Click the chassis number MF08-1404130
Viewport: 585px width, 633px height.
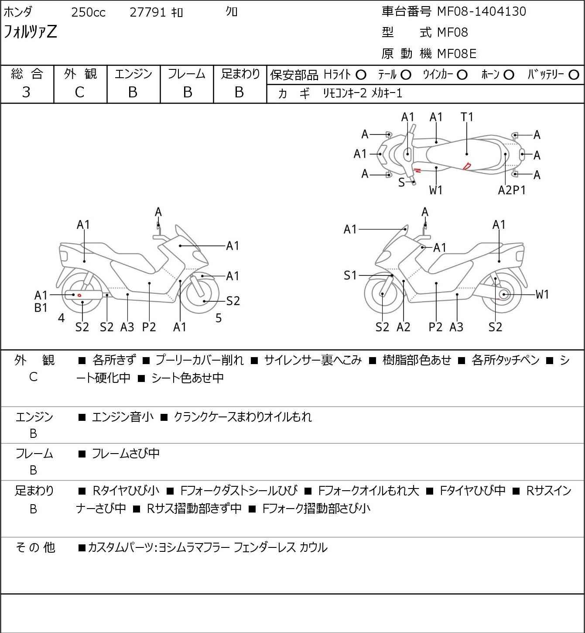click(481, 12)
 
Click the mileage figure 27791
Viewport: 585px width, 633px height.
click(147, 12)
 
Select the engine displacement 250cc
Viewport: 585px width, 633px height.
click(88, 12)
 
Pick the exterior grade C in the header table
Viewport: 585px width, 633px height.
click(80, 93)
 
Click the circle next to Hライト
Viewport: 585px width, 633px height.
click(361, 75)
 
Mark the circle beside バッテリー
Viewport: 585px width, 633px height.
click(574, 75)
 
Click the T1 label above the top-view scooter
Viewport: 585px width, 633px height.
click(467, 117)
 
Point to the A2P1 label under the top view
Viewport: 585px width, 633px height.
click(511, 190)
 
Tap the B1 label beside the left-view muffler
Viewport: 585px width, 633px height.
click(41, 308)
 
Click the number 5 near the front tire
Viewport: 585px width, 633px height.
click(218, 318)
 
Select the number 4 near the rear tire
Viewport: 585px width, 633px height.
click(61, 318)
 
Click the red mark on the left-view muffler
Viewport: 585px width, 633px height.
click(79, 295)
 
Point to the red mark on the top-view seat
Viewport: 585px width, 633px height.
click(467, 166)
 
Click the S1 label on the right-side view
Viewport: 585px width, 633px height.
click(350, 275)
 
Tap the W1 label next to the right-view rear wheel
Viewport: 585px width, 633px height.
click(542, 294)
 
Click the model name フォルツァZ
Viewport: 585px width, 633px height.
click(30, 32)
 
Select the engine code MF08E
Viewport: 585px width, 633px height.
click(457, 54)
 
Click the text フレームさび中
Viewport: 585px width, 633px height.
click(126, 453)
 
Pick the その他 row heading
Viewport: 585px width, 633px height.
click(35, 547)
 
